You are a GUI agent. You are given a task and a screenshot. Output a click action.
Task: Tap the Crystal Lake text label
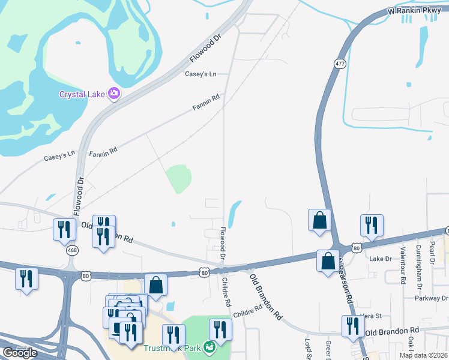82,94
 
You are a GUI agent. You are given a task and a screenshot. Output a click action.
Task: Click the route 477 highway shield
340,64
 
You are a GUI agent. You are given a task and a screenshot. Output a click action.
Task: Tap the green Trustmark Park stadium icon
209,346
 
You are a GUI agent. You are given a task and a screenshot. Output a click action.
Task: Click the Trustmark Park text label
174,347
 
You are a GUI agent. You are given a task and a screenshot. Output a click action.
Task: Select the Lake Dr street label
380,259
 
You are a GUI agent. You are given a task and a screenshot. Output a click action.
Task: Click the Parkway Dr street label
432,298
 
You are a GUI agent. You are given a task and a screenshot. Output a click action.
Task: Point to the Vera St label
371,316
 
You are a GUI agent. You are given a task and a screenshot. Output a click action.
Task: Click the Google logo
20,353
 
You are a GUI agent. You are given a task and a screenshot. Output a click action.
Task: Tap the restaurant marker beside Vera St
352,326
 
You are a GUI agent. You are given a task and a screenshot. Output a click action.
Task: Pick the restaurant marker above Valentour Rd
372,225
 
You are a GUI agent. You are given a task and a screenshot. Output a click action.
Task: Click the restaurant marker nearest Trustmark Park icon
220,329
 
